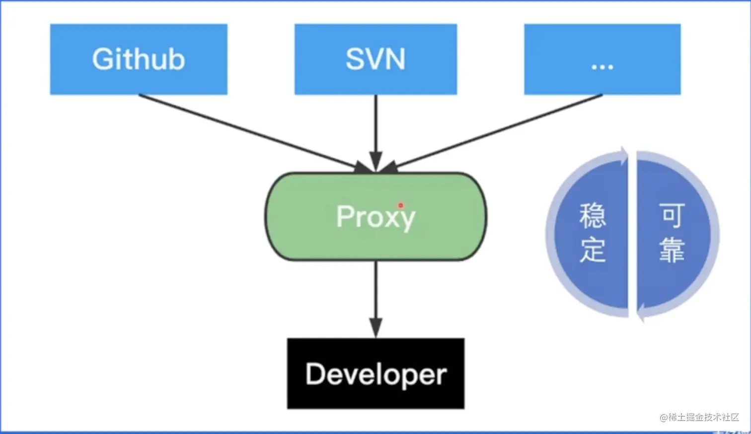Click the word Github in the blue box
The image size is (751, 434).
139,60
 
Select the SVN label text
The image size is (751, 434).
375,60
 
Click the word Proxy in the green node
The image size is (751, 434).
375,217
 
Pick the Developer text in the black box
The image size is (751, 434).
376,374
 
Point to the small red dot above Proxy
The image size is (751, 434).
400,205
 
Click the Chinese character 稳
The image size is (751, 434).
592,216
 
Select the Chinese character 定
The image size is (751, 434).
592,250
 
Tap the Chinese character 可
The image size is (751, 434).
672,216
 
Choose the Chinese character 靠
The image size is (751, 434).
672,250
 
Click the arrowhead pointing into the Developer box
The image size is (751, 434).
376,329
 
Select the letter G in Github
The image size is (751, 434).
103,60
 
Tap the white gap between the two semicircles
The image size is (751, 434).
632,234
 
